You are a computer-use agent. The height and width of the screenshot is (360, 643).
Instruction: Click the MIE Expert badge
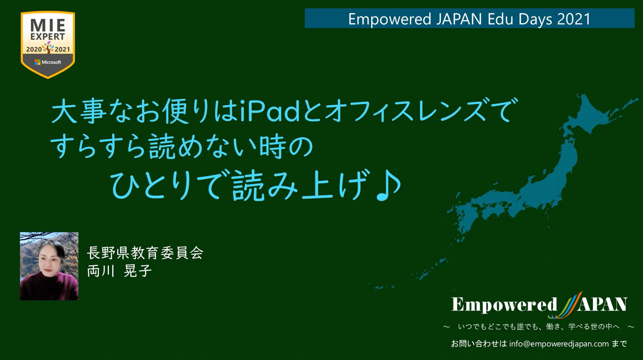point(48,44)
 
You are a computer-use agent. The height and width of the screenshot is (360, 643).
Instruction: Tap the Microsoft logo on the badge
point(38,62)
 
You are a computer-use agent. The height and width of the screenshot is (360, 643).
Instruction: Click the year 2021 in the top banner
point(573,19)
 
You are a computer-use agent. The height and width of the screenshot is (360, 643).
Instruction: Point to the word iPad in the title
point(270,111)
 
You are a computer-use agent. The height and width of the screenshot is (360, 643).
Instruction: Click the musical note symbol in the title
point(388,185)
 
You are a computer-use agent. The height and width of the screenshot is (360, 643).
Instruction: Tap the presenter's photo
point(49,266)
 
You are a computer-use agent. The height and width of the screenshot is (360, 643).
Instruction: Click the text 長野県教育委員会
point(145,253)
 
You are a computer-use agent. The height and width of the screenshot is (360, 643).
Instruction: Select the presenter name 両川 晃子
point(119,271)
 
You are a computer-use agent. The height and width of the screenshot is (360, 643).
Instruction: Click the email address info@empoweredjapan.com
point(559,344)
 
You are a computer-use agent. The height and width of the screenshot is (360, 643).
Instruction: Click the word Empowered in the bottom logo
point(504,304)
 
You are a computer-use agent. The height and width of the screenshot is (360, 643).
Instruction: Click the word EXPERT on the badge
point(48,37)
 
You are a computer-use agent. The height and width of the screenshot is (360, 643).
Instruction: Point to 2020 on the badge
point(34,50)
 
